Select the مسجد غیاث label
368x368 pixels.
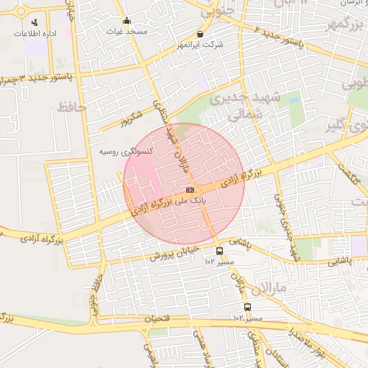click(x=126, y=32)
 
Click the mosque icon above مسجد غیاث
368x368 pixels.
click(x=127, y=20)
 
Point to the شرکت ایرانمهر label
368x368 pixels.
click(x=200, y=45)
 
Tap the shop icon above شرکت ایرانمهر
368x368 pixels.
click(x=200, y=34)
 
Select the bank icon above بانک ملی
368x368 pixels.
click(x=180, y=190)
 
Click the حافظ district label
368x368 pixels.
click(x=70, y=107)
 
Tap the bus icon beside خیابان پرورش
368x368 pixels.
click(x=219, y=251)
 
